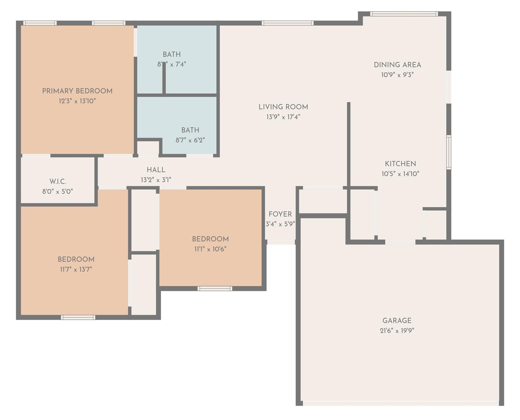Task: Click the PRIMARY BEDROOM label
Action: (x=77, y=91)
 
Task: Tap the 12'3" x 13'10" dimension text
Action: (x=77, y=101)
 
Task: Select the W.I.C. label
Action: (x=58, y=182)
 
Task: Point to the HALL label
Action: (x=156, y=170)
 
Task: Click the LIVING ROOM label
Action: (x=283, y=107)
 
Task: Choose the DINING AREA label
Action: (x=397, y=65)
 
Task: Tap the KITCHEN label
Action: (x=400, y=164)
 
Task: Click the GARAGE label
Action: (x=397, y=320)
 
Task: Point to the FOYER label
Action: (x=280, y=214)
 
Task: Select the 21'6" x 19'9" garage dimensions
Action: (x=397, y=331)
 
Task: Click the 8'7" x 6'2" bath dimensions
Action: (x=190, y=140)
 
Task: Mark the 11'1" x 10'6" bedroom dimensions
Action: (x=210, y=249)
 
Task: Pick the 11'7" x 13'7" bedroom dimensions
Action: (x=76, y=269)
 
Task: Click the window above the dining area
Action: (x=404, y=14)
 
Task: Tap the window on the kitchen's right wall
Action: (x=449, y=152)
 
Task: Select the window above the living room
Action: (x=287, y=23)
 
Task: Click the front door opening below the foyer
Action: (x=281, y=242)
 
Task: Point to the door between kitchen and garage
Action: (x=400, y=242)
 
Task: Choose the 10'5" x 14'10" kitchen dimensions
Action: (x=400, y=174)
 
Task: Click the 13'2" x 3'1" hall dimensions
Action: (x=156, y=180)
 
